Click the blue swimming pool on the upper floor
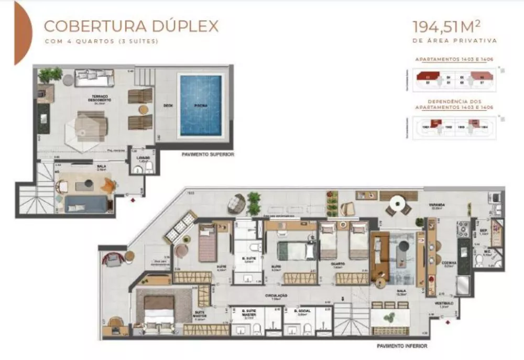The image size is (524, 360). [201, 105]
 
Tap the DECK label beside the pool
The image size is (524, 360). [168, 105]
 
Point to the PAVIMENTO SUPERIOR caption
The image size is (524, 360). [208, 155]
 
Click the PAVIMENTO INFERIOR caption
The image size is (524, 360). [402, 346]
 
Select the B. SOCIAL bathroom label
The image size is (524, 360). [303, 311]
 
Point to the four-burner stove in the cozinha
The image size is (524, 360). [463, 229]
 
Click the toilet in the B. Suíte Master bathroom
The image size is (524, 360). [257, 329]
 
